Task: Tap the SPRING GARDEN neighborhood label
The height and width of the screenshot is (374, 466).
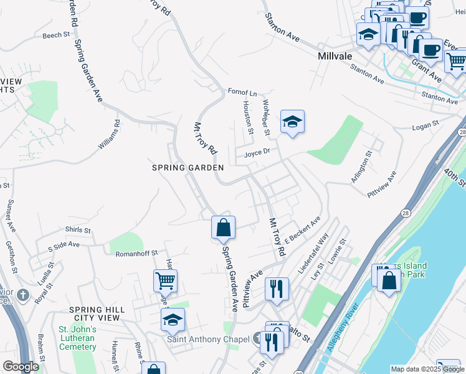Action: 188,168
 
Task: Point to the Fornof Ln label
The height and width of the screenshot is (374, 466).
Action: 242,93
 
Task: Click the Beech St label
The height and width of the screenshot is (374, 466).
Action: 55,36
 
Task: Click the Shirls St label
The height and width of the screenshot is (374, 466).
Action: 78,230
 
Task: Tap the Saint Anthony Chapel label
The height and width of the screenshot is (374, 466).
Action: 208,339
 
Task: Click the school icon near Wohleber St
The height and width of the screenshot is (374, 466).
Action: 292,122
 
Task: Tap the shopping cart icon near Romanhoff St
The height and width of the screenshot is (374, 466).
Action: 165,281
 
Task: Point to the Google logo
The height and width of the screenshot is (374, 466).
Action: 21,366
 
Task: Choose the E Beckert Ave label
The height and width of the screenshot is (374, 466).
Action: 302,230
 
